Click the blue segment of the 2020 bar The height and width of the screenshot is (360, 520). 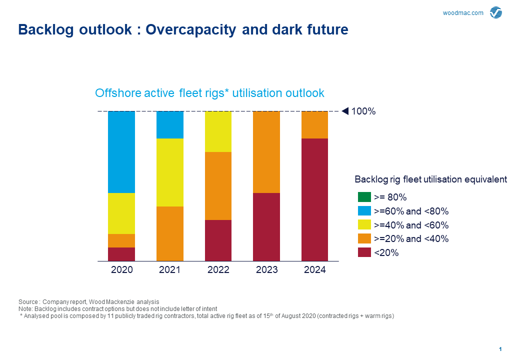click(121, 152)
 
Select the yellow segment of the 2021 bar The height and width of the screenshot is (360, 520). click(170, 172)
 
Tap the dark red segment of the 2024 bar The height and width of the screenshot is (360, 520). click(314, 199)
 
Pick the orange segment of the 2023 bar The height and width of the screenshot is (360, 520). click(266, 152)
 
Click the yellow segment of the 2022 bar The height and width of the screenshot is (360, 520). click(218, 131)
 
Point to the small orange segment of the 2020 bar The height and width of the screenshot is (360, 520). click(121, 240)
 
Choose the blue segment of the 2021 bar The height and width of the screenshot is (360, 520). click(170, 125)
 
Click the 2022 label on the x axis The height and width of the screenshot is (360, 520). click(218, 270)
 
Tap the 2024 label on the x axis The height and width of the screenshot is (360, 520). click(314, 270)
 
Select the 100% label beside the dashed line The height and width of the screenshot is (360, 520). click(363, 111)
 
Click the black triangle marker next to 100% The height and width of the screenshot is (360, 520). click(345, 111)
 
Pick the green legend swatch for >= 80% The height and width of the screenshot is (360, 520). click(364, 197)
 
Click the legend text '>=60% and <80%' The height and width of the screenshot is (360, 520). click(411, 211)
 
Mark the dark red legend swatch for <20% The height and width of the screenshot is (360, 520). click(364, 252)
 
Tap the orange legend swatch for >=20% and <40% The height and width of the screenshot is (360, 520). click(364, 238)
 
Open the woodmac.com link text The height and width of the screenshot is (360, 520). click(463, 13)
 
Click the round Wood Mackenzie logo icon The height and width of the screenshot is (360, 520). click(496, 12)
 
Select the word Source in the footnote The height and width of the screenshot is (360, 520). click(28, 301)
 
